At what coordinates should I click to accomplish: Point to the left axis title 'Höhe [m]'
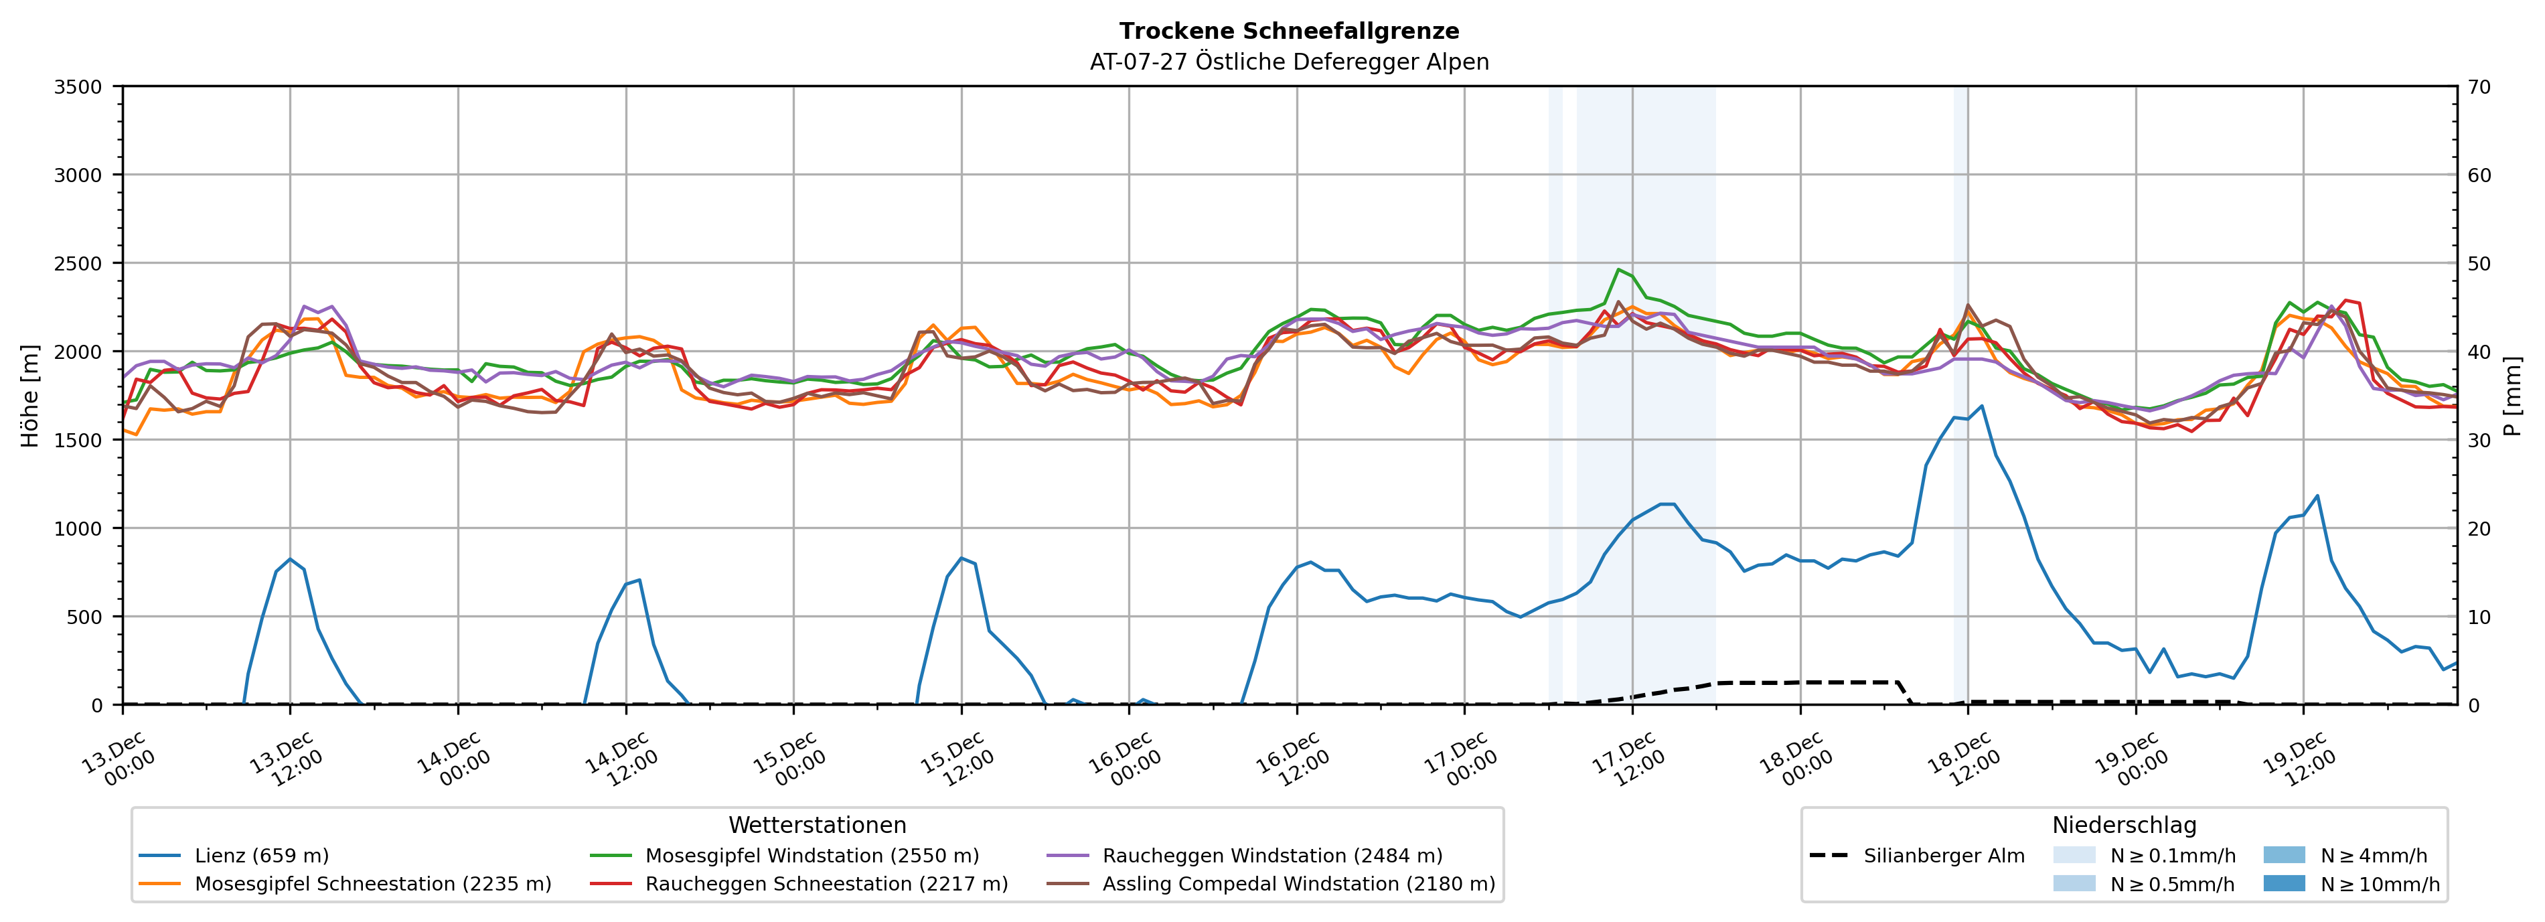click(x=29, y=395)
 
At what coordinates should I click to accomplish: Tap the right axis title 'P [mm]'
click(x=2512, y=395)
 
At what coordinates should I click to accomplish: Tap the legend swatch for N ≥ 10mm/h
click(x=2283, y=883)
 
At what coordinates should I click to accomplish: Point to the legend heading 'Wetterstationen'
click(x=817, y=825)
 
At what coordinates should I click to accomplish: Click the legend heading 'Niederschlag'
click(x=2124, y=825)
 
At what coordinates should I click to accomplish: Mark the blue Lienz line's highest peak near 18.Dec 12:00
click(x=1982, y=406)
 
